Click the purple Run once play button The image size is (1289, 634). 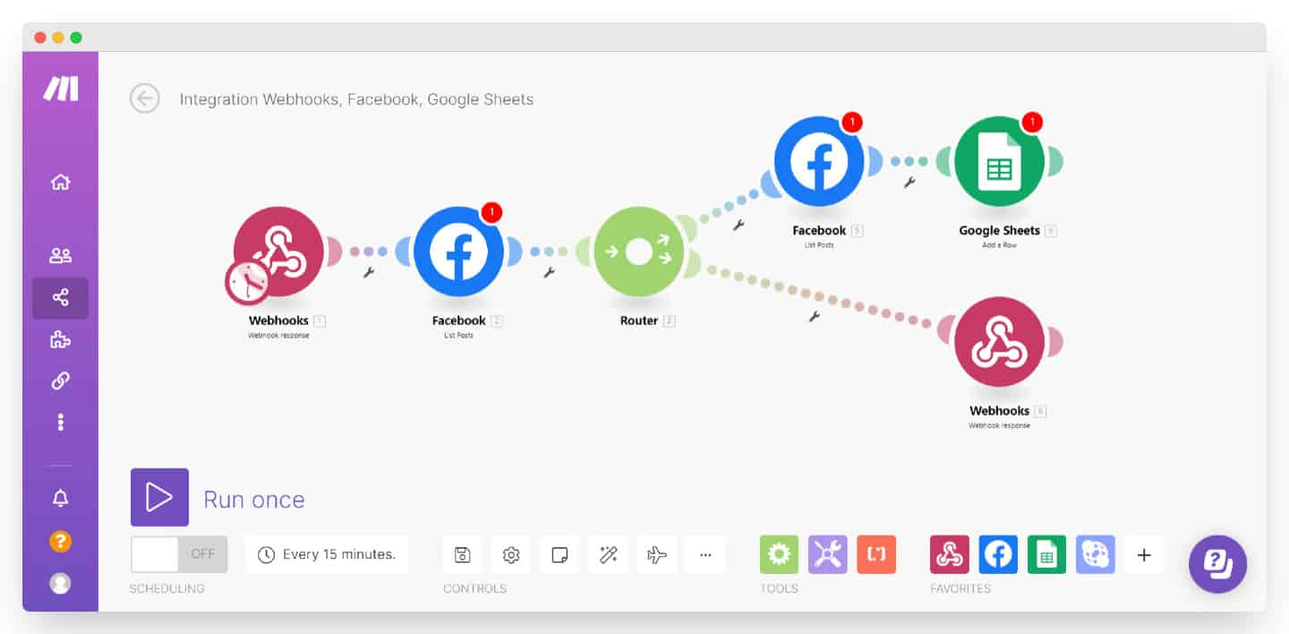coord(159,497)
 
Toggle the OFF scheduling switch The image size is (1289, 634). coord(179,554)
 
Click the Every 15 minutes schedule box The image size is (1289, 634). coord(327,554)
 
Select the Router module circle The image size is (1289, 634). coord(638,253)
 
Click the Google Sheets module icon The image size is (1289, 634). coord(999,162)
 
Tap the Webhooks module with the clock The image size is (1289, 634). coord(278,253)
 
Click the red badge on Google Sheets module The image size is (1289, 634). coord(1032,121)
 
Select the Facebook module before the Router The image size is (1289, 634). coord(458,253)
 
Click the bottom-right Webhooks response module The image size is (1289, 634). coord(999,343)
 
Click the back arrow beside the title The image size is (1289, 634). coord(145,99)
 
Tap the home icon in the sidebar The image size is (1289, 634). coord(60,183)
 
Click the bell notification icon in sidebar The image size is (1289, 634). coord(60,499)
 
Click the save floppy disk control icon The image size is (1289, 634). coord(463,555)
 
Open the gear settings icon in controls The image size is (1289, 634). coord(511,555)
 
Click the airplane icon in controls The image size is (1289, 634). coord(657,555)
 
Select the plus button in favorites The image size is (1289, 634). coord(1143,555)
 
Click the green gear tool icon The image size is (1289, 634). coord(779,555)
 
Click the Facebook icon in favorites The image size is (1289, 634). coord(997,555)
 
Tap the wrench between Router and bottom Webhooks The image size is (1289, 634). coord(815,316)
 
